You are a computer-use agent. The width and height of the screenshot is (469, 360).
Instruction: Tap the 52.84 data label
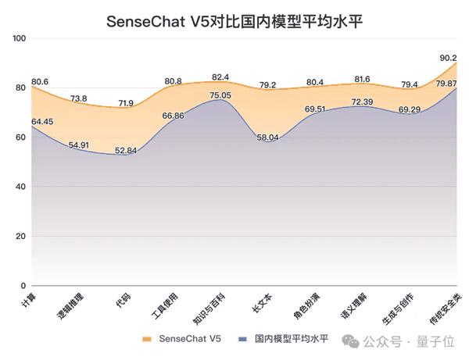[x=125, y=150]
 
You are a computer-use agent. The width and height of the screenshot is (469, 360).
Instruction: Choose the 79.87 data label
[x=446, y=83]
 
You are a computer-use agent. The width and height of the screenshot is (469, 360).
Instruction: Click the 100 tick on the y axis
[x=20, y=38]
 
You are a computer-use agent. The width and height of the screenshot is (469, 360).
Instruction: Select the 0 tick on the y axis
[x=24, y=286]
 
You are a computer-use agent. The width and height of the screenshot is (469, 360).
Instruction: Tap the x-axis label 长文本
[x=263, y=301]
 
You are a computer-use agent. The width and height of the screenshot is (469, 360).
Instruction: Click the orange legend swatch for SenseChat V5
[x=146, y=340]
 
